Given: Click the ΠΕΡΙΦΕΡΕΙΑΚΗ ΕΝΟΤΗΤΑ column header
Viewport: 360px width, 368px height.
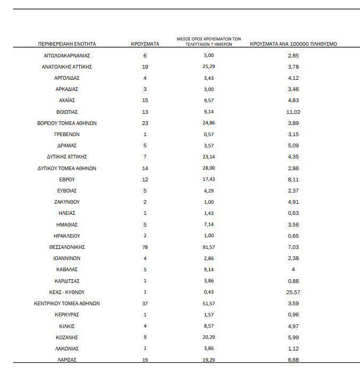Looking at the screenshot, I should click(67, 44).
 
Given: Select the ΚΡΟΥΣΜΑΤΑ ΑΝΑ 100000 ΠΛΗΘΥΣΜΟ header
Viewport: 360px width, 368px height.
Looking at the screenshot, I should click(294, 44).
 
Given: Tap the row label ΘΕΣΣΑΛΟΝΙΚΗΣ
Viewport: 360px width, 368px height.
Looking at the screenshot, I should click(67, 247).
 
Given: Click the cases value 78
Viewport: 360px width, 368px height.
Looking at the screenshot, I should click(145, 247).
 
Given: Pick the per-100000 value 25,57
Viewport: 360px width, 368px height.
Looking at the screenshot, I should click(294, 292).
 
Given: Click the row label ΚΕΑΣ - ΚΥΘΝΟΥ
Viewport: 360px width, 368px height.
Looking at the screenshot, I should click(67, 292).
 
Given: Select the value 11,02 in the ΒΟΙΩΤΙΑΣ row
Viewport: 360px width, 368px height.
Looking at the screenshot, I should click(294, 112).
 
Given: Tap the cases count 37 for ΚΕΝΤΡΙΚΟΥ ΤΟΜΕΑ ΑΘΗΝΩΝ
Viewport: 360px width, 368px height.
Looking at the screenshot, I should click(145, 304).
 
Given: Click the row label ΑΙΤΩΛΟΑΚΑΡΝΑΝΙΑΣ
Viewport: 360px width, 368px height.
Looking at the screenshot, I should click(67, 55).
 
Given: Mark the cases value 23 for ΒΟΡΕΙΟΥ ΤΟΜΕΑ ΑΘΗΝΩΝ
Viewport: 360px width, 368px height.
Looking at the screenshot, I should click(145, 123).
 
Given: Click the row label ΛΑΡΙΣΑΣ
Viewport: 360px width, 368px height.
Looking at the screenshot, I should click(67, 360).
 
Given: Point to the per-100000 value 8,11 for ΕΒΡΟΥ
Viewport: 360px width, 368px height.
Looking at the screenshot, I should click(294, 180).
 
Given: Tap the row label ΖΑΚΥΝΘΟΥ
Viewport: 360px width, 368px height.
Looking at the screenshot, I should click(67, 202).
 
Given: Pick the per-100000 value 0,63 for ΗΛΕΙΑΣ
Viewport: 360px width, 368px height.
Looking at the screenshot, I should click(294, 213).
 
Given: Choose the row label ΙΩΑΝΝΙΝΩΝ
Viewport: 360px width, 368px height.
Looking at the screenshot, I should click(67, 258).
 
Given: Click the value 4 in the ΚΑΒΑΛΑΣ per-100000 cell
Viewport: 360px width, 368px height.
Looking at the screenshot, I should click(294, 270).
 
